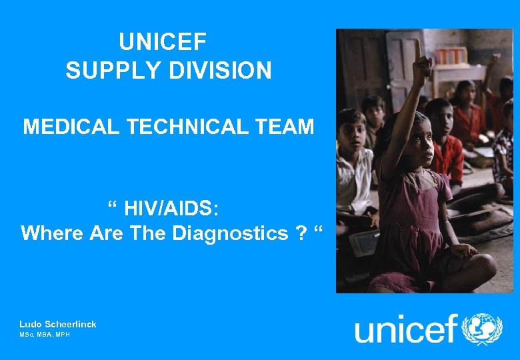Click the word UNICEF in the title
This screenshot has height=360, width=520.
pos(163,42)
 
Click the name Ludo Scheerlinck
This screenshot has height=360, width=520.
pos(58,324)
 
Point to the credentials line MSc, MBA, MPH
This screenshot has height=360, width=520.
pos(44,334)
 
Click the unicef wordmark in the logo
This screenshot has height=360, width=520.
pos(407,329)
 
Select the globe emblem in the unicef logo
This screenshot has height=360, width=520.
pos(482,329)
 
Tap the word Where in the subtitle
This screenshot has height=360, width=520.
pos(49,233)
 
